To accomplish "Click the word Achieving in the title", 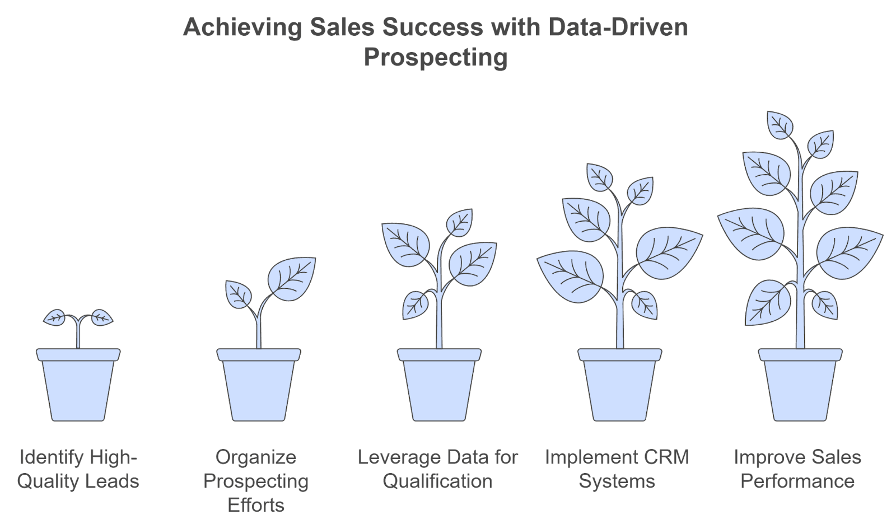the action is coord(242,27).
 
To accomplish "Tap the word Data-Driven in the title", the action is coord(618,27).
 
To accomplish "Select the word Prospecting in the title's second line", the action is coord(436,57).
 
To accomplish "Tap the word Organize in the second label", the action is coord(256,457).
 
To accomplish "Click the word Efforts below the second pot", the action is coord(256,505).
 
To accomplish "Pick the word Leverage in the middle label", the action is coord(395,457).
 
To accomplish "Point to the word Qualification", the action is coord(437,481).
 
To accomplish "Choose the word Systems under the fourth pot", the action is coord(617,481).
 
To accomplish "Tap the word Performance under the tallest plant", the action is coord(797,481).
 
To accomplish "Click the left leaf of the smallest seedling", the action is coord(55,318).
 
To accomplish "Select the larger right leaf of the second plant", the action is coord(292,278).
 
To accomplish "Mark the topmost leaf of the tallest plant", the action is coord(780,125).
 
